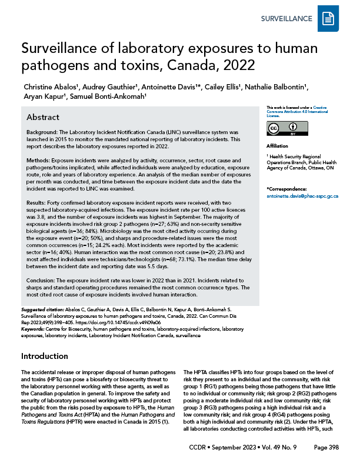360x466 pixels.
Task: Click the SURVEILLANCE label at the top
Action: [286, 19]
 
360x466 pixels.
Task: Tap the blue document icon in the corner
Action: [327, 19]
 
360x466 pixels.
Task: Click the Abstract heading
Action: [43, 116]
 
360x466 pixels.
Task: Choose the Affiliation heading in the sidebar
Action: [278, 146]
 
